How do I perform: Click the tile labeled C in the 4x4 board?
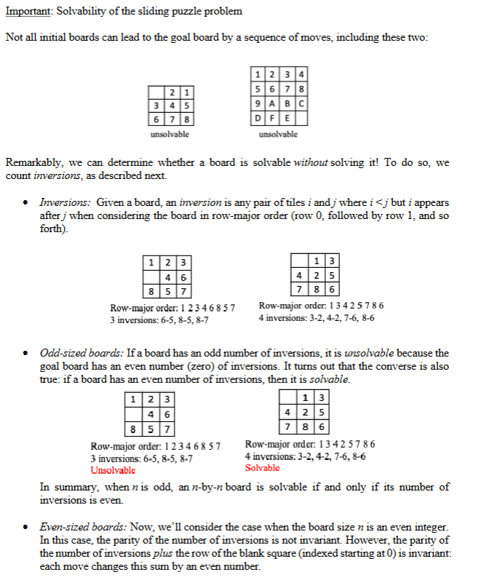point(301,103)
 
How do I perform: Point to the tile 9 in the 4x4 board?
point(258,103)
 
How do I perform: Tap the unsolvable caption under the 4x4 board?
point(278,135)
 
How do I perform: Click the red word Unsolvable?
point(112,470)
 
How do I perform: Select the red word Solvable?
point(262,468)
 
